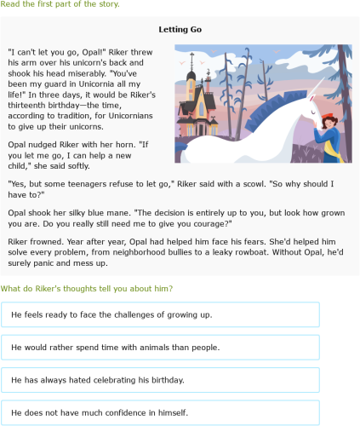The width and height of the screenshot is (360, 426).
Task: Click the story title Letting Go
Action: click(x=180, y=30)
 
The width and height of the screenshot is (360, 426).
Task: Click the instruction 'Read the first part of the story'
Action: click(x=60, y=4)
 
